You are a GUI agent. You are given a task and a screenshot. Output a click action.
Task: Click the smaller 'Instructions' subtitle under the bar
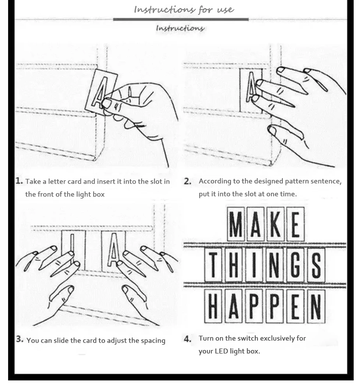[180, 28]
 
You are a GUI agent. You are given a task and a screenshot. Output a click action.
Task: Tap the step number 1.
[19, 181]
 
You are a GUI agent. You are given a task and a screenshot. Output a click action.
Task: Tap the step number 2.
[188, 181]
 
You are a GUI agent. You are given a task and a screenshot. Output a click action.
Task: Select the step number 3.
[20, 339]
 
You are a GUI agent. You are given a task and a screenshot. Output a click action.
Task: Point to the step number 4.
[188, 339]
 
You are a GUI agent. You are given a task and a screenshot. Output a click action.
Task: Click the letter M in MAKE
[236, 224]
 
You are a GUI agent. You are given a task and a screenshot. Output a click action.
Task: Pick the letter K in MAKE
[275, 224]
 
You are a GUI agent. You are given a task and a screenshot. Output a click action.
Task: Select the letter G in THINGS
[295, 265]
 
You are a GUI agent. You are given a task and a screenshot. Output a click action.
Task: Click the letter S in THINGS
[316, 265]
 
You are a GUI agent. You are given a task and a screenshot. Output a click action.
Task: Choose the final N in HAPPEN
[316, 306]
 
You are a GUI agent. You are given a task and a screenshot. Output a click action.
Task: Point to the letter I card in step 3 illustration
[73, 250]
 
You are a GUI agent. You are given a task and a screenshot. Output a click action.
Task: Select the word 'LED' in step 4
[221, 351]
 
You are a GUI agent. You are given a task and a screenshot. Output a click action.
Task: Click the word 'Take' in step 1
[33, 181]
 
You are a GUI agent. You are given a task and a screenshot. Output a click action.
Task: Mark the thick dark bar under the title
[181, 19]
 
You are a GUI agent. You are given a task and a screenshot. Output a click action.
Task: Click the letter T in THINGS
[213, 265]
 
